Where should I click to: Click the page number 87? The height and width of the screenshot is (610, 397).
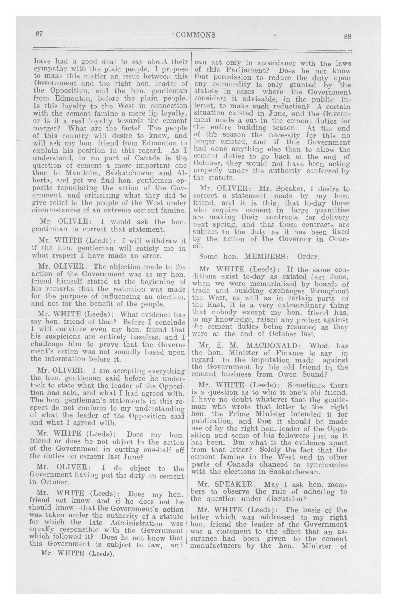(39, 34)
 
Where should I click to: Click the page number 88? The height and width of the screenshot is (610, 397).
(347, 36)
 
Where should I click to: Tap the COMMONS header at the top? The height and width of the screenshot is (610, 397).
(196, 35)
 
